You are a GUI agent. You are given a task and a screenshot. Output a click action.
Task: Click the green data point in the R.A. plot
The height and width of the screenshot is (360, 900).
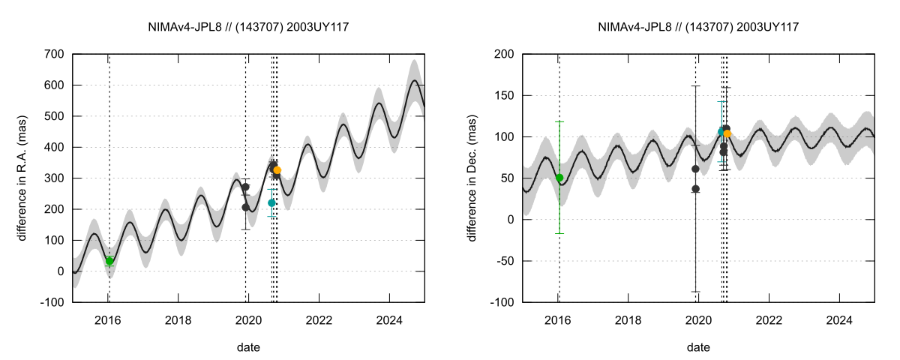tap(109, 261)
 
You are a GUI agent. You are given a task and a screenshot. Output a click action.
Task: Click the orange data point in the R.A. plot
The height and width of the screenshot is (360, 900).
tap(277, 170)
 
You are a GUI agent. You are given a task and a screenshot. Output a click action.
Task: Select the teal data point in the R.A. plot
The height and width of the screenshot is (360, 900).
tap(271, 202)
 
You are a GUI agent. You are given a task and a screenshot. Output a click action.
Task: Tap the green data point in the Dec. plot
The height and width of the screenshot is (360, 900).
tap(559, 178)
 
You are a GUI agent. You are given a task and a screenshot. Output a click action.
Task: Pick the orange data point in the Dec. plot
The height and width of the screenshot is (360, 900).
tap(727, 133)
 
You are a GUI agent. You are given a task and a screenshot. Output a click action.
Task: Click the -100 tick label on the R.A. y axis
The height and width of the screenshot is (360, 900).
tap(51, 302)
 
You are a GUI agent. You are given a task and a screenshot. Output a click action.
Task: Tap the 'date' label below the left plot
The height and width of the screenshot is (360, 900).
tap(248, 347)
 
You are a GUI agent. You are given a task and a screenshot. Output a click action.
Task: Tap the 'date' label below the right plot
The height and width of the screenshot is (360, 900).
tap(698, 347)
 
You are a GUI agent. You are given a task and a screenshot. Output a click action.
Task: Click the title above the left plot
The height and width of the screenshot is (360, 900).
tap(248, 27)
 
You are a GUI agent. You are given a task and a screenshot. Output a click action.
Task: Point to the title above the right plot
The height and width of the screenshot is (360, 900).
tap(698, 27)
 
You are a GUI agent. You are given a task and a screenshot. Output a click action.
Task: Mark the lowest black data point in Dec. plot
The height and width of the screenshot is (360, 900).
tap(695, 189)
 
